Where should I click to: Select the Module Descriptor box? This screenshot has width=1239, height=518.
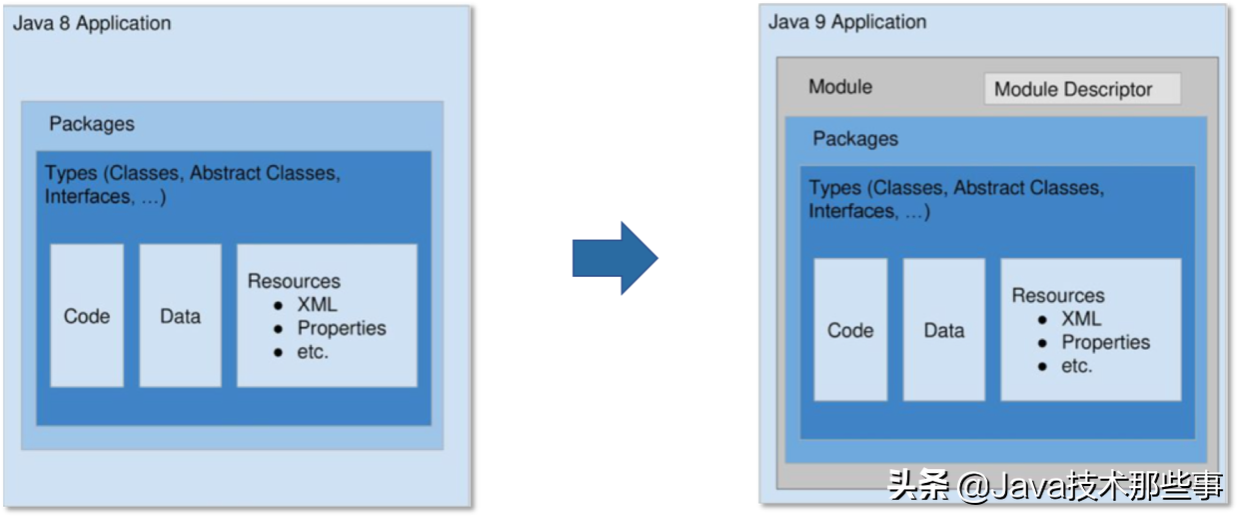[1081, 89]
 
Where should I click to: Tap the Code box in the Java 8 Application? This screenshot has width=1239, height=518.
[87, 316]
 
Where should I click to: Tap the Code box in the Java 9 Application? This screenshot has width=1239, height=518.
[850, 330]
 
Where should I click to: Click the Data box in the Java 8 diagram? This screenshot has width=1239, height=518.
[180, 316]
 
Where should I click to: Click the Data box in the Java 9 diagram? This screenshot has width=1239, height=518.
[943, 330]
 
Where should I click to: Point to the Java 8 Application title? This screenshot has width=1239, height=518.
[92, 23]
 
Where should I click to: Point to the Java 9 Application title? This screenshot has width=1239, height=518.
[847, 22]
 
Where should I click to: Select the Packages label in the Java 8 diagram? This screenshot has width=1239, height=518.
[92, 124]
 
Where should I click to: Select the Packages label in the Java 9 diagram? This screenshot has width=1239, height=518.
[855, 139]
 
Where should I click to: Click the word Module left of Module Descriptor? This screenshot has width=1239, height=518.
[840, 87]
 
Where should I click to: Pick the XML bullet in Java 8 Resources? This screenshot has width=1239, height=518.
[317, 305]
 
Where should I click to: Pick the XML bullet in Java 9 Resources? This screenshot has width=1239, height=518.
[1080, 319]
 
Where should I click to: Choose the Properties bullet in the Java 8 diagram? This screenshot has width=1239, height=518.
[341, 328]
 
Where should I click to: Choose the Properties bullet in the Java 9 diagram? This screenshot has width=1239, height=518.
[1105, 342]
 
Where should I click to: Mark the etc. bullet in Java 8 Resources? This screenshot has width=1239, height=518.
[313, 352]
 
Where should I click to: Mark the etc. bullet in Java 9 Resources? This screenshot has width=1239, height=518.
[1076, 366]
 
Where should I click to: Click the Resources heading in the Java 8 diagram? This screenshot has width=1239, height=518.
[294, 281]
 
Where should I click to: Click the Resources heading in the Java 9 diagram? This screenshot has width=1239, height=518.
[1058, 295]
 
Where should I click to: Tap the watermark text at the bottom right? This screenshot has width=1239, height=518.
[1055, 486]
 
